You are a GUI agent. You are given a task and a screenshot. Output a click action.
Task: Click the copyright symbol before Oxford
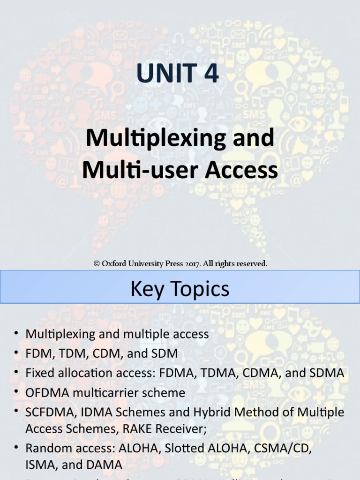tap(97, 264)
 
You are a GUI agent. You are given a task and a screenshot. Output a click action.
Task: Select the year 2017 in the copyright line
tap(192, 264)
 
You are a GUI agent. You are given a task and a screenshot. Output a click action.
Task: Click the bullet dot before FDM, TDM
tap(16, 353)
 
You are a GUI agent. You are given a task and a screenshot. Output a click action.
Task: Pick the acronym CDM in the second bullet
tap(106, 353)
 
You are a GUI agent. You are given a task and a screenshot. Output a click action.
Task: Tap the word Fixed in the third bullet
tap(39, 373)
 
